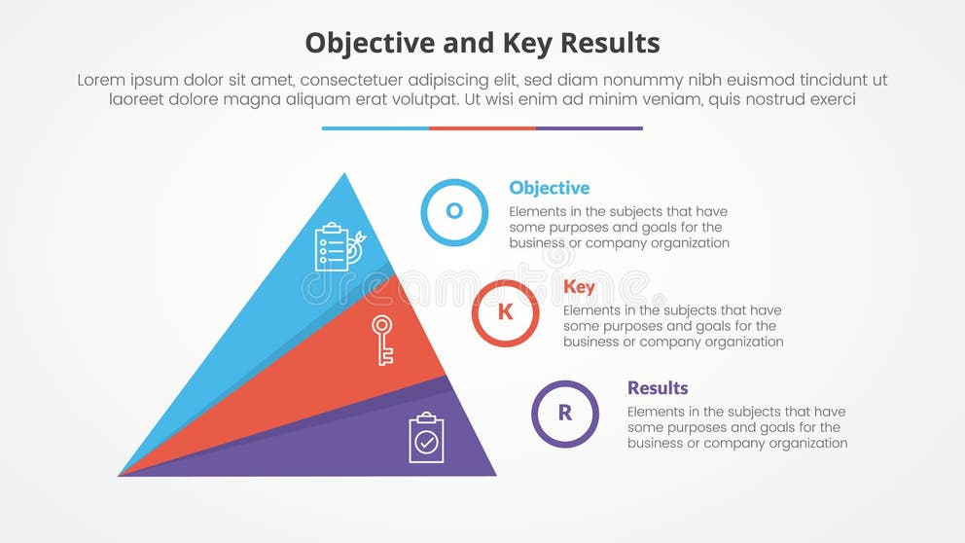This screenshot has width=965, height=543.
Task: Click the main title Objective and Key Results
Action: point(482,43)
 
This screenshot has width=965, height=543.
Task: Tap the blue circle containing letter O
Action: point(454,212)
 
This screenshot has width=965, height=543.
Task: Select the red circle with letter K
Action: point(505,312)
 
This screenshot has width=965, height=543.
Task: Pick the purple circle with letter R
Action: point(565,413)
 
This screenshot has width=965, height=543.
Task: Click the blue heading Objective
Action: point(549,188)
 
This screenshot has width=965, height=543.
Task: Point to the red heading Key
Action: point(579,286)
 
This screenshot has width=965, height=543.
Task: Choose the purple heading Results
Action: point(658,387)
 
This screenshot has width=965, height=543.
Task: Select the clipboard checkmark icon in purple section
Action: point(426,438)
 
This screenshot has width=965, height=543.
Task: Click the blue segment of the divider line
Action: point(375,127)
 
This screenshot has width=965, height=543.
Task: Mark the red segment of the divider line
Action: point(482,127)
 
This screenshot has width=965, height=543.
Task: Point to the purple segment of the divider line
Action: point(589,127)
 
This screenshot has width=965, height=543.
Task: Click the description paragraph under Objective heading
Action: point(619,228)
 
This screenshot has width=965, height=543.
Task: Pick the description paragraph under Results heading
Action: point(736,427)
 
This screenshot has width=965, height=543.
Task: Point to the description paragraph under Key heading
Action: point(673,327)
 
